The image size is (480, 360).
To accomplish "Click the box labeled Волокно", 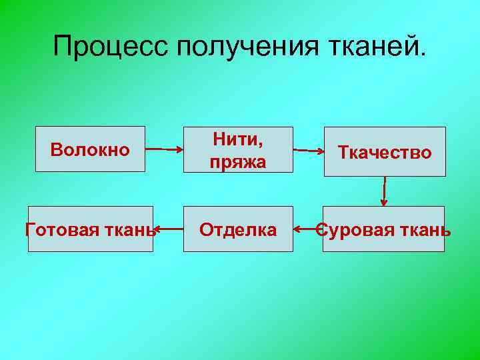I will point(90,149).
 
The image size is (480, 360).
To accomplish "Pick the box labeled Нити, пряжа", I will point(238,149).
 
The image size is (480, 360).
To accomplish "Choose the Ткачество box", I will point(385,152).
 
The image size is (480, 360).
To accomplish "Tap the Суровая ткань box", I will point(383,229).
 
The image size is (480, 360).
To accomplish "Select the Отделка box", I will point(238,229).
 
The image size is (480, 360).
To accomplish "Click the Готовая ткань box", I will point(90,229).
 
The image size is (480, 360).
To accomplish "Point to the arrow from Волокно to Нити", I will point(164,149).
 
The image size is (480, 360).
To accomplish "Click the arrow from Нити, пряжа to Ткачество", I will point(308,151).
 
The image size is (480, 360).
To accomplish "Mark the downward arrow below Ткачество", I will point(385,191).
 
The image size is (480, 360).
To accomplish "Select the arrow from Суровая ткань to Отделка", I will point(307,230).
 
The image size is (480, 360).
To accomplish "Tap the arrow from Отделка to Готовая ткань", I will point(168,230).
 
